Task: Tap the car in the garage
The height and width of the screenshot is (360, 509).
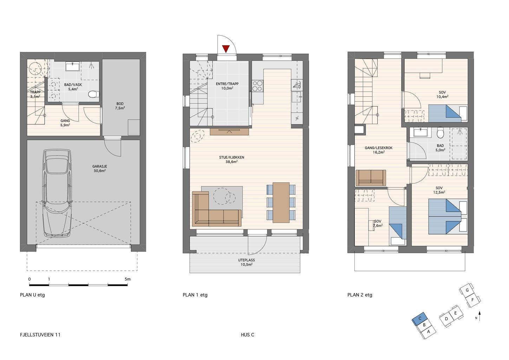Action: (x=57, y=193)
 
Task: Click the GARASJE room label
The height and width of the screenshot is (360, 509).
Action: (x=99, y=168)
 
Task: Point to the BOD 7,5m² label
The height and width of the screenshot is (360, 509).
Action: (x=120, y=106)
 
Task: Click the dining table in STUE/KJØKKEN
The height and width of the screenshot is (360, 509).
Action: (x=281, y=202)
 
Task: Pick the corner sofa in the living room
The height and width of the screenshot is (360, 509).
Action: (x=216, y=209)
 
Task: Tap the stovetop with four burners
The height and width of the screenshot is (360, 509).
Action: (x=257, y=86)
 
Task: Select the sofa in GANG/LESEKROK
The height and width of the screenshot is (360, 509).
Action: (x=371, y=178)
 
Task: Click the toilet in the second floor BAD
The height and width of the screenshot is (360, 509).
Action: (x=440, y=133)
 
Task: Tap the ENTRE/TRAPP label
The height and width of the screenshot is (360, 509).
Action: (x=227, y=86)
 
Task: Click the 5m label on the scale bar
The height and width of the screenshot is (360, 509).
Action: (x=128, y=279)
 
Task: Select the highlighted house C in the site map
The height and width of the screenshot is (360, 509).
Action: (x=420, y=319)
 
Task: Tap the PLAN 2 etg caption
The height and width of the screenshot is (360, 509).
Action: (x=360, y=295)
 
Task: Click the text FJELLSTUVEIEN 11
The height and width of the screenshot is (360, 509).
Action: (x=40, y=335)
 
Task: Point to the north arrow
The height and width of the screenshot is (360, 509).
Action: (x=479, y=316)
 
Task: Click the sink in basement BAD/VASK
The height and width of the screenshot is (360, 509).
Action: (x=72, y=67)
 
